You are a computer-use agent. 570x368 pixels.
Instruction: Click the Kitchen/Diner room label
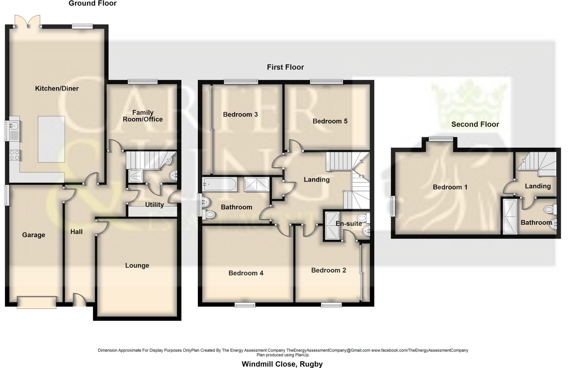57,89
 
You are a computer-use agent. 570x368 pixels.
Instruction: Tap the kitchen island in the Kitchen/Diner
51,139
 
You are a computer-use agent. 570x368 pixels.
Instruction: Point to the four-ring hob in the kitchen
14,155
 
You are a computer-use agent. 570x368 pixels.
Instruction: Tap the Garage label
34,235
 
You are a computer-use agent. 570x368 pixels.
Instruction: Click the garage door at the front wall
36,302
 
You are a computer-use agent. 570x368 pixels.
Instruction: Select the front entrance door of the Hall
79,301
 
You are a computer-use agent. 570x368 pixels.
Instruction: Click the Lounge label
137,266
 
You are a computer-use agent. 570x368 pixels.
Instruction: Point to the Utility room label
154,205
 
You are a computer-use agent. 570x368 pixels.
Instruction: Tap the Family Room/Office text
143,116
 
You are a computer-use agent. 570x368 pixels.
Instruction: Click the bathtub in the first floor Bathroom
220,184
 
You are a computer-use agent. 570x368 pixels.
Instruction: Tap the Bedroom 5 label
330,121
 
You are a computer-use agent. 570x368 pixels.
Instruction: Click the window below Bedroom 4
245,305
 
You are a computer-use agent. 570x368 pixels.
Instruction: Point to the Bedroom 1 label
450,187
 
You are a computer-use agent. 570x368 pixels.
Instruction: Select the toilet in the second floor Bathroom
550,209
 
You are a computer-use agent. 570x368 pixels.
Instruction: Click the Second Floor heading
475,124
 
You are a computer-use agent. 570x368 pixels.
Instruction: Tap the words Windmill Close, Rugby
282,364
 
